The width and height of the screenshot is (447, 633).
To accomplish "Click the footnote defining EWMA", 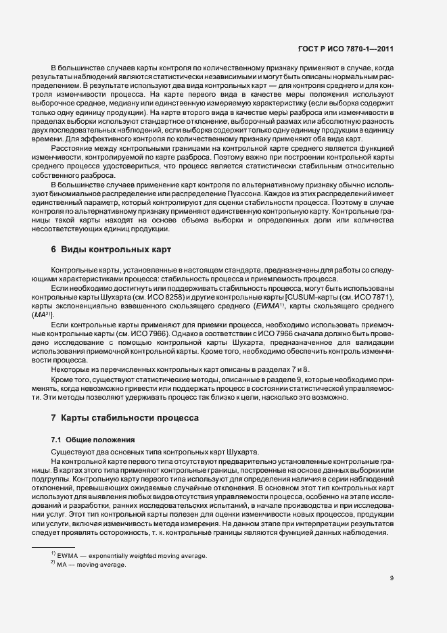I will point(128,555).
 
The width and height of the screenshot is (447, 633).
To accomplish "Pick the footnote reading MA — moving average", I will point(95,564).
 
